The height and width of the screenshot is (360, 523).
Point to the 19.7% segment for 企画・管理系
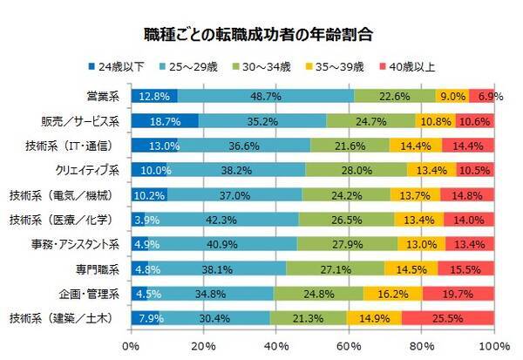point(458,293)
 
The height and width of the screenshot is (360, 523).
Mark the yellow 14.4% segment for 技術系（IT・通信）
point(415,145)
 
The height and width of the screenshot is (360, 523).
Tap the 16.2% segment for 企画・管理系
point(392,293)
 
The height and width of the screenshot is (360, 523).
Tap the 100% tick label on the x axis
point(494,347)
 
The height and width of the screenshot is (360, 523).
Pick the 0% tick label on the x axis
point(132,347)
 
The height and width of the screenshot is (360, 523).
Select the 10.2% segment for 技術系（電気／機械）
point(149,194)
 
